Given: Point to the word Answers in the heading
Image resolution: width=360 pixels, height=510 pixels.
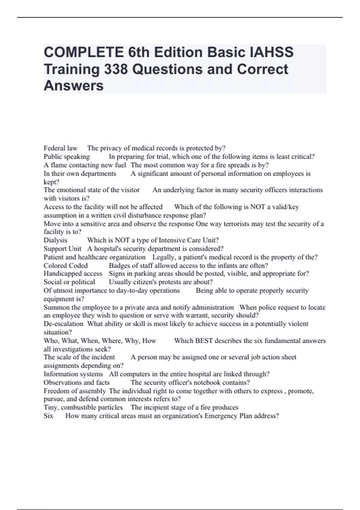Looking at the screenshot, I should click(x=73, y=85).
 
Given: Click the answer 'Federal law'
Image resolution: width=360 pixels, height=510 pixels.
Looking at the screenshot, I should click(x=61, y=148).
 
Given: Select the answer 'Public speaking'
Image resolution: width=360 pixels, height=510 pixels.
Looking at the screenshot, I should click(x=67, y=157).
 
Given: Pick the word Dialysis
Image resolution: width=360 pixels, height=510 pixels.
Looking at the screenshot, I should click(x=55, y=240).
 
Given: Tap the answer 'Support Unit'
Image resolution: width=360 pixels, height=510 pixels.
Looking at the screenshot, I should click(x=62, y=249).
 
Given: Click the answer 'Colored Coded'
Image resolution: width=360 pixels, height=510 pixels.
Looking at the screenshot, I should click(x=66, y=265).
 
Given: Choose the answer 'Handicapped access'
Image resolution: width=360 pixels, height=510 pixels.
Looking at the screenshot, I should click(x=73, y=274).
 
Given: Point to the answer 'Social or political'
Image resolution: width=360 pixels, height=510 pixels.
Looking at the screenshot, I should click(x=69, y=282).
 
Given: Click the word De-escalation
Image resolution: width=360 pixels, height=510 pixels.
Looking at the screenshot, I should click(x=63, y=324).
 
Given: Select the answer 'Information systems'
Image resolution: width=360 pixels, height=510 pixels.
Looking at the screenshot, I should click(x=73, y=374).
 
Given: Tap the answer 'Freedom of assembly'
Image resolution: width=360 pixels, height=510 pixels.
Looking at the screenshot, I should click(x=75, y=391).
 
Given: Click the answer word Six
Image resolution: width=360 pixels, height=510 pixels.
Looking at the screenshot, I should click(x=48, y=416).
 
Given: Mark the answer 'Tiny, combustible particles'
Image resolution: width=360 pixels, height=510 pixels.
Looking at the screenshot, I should click(x=83, y=407).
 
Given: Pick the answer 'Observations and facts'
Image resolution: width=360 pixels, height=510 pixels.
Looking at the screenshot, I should click(x=76, y=382).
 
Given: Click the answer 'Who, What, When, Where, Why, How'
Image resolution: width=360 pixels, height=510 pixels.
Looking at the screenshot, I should click(x=100, y=341).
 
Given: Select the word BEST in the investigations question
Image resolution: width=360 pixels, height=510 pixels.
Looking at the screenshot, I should click(x=204, y=341).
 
